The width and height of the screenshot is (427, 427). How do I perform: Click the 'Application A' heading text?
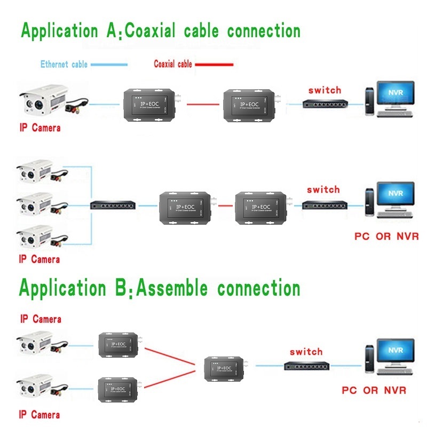(x=160, y=30)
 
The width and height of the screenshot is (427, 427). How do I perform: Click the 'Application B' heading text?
(x=159, y=288)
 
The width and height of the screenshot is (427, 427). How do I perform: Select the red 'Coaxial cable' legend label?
(x=172, y=65)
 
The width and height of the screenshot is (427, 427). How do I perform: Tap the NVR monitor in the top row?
(x=396, y=94)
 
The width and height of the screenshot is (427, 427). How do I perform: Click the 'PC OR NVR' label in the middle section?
(x=386, y=236)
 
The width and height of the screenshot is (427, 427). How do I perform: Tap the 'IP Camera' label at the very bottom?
(x=39, y=415)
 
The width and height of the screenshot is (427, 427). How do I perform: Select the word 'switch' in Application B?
(x=306, y=352)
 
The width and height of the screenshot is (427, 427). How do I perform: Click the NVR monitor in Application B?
(x=396, y=354)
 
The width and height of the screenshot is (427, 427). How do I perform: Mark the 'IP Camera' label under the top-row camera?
(x=39, y=128)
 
